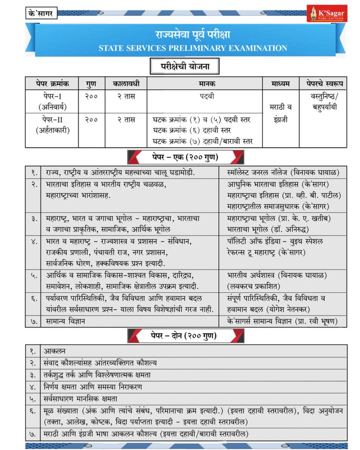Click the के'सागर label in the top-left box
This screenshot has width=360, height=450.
coord(40,14)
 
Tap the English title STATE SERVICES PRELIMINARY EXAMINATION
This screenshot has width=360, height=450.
coord(193,48)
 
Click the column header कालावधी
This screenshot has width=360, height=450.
coord(126,83)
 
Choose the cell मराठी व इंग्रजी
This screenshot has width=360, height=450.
coord(280,113)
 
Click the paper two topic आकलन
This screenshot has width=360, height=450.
coord(55,351)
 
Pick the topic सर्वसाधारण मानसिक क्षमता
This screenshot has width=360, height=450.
coord(80,399)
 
